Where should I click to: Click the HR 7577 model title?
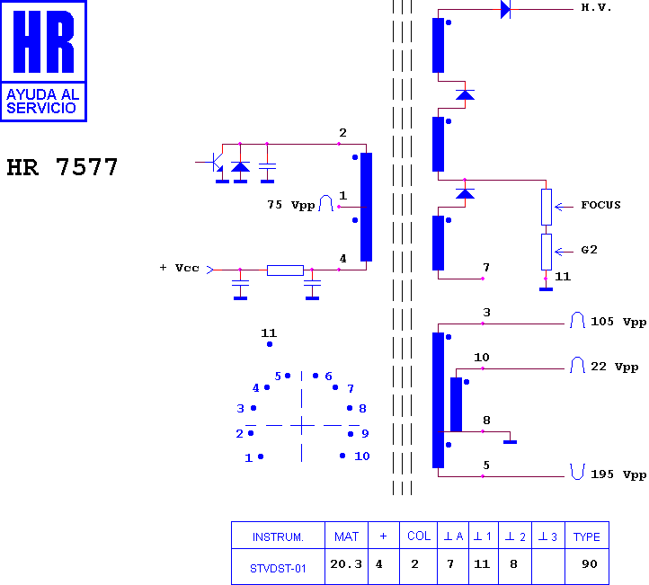coord(62,167)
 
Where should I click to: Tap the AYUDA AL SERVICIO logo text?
coord(42,102)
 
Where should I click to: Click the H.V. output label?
coord(596,7)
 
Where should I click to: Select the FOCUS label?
coord(600,205)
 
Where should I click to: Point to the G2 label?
coord(589,250)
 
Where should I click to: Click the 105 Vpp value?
coord(618,322)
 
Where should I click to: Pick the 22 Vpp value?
coord(614,367)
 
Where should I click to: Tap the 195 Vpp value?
coord(618,474)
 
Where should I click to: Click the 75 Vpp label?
coord(291,205)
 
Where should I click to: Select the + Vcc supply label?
coord(179,268)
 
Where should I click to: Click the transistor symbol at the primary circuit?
coord(215,162)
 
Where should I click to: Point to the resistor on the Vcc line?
coord(285,270)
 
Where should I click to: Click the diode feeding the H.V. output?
coord(505,9)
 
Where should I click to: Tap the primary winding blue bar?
coord(367,207)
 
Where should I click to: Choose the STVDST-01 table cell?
coord(278,569)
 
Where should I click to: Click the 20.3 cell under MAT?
coord(346,564)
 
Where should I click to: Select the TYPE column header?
coord(586,536)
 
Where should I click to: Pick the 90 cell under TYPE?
coord(590,564)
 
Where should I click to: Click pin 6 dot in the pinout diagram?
coord(316,376)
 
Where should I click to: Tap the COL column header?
coord(419,536)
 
